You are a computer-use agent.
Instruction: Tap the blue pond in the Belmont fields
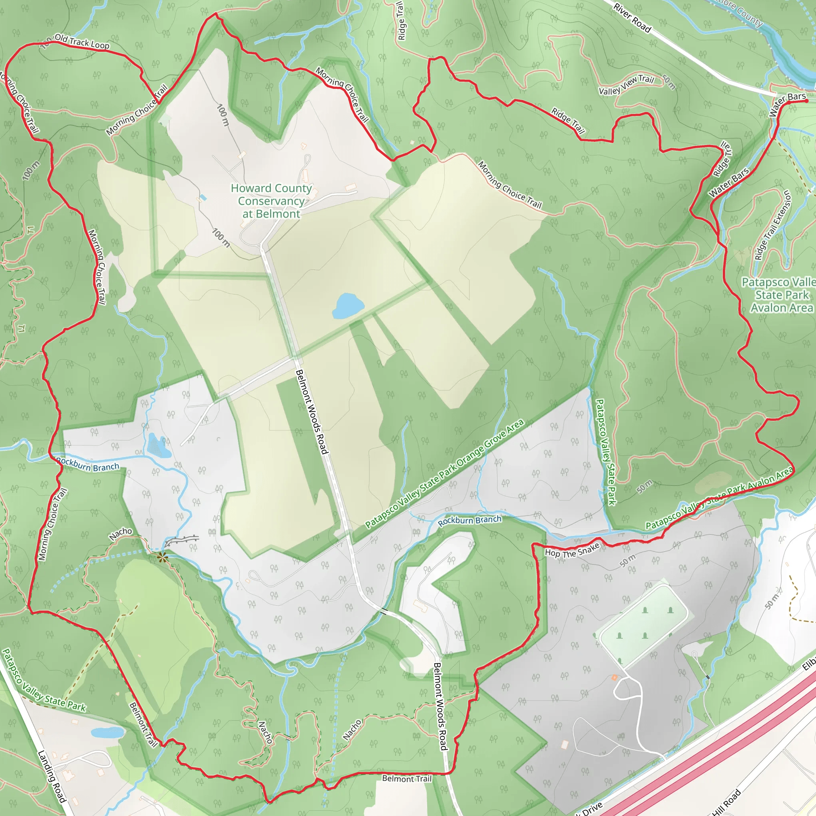pyautogui.click(x=347, y=305)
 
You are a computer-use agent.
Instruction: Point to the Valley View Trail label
pyautogui.click(x=626, y=84)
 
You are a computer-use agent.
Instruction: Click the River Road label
pyautogui.click(x=632, y=18)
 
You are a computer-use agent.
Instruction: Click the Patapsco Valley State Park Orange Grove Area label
pyautogui.click(x=444, y=473)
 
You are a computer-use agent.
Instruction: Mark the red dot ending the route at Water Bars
pyautogui.click(x=806, y=101)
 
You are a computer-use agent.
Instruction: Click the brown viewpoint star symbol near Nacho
pyautogui.click(x=162, y=558)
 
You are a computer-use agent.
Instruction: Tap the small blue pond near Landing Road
pyautogui.click(x=107, y=732)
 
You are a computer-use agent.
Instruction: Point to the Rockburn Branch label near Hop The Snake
pyautogui.click(x=469, y=520)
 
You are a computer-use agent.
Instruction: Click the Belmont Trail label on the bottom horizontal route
pyautogui.click(x=407, y=778)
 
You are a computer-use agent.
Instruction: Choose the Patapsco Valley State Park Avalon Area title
pyautogui.click(x=781, y=295)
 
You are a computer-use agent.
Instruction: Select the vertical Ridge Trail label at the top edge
pyautogui.click(x=401, y=20)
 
